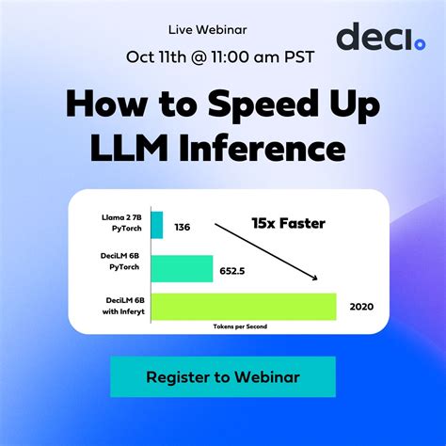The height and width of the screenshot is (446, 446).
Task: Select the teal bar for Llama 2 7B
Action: (156, 225)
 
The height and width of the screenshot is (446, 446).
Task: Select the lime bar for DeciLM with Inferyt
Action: (243, 307)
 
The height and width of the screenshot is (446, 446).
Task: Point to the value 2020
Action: (362, 306)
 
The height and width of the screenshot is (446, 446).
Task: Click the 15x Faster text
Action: (287, 223)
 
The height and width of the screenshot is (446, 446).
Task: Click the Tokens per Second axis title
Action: (242, 326)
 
